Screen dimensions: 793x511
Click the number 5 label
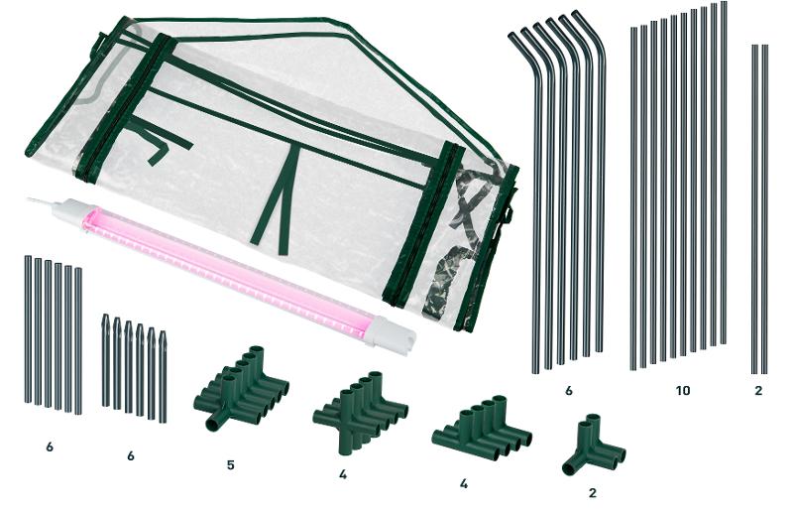(x=231, y=465)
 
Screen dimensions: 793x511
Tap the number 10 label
(x=682, y=391)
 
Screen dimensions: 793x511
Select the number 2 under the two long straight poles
(x=758, y=391)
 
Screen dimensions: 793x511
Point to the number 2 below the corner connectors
(x=593, y=493)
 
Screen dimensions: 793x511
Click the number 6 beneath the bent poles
(x=568, y=391)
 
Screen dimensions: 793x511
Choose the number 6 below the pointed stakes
(x=131, y=455)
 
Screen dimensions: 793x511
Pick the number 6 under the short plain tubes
(x=49, y=447)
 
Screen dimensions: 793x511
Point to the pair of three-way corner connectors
(x=594, y=445)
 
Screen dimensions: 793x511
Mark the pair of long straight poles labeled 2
(x=759, y=208)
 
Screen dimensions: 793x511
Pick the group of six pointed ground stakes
(x=134, y=368)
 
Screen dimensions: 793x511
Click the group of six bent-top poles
(x=556, y=192)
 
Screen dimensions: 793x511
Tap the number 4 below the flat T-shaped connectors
(x=464, y=483)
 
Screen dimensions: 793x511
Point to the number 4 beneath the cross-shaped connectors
(x=343, y=474)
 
